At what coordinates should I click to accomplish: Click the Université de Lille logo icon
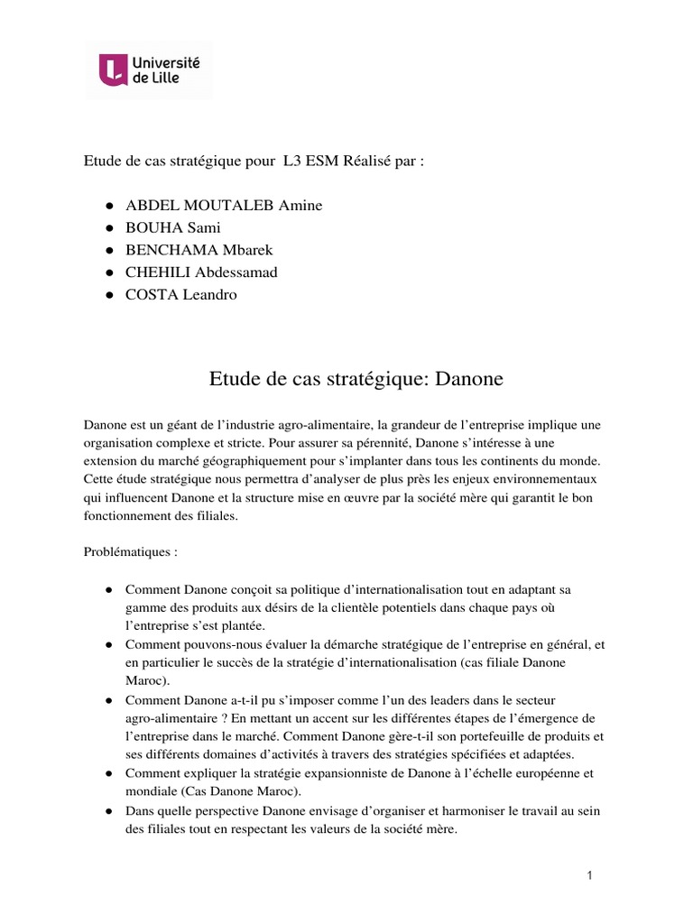pyautogui.click(x=114, y=69)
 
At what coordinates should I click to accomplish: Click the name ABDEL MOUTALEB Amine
pyautogui.click(x=224, y=206)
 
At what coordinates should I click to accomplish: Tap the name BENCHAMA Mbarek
pyautogui.click(x=202, y=250)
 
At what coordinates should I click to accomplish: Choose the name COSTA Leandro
pyautogui.click(x=181, y=295)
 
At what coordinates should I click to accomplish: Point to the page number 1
pyautogui.click(x=588, y=874)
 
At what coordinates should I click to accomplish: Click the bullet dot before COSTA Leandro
pyautogui.click(x=108, y=295)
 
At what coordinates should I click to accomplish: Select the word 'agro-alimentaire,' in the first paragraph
pyautogui.click(x=317, y=424)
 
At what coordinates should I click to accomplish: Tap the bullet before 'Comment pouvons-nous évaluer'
pyautogui.click(x=108, y=645)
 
